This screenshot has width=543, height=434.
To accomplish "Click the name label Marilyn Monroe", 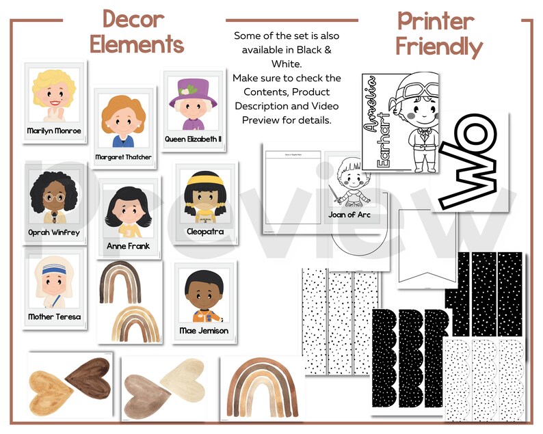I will pos(54,131).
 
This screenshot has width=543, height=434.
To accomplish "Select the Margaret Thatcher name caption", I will pos(124,157).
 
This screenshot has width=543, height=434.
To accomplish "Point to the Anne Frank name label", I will pos(128,245).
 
